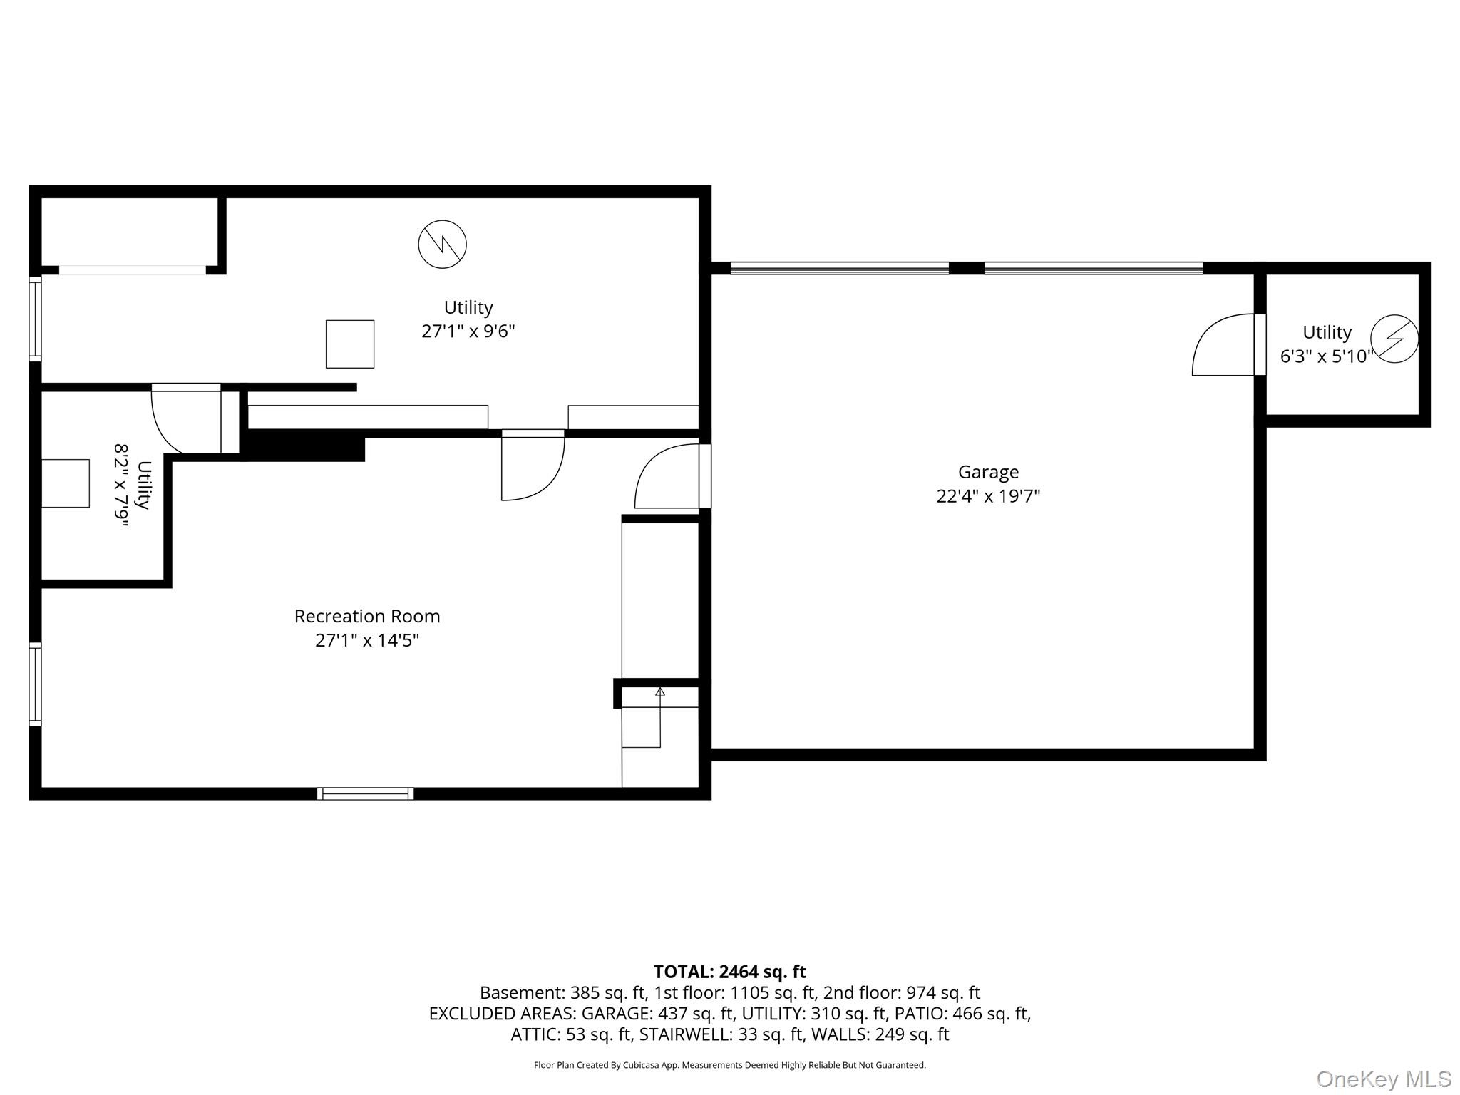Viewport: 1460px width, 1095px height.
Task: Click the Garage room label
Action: pos(988,472)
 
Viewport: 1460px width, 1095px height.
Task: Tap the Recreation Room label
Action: pos(367,616)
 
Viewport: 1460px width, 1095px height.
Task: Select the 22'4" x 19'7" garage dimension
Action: pos(988,496)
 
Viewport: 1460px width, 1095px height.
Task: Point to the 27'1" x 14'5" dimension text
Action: pos(367,640)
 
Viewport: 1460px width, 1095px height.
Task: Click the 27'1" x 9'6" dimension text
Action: pos(468,331)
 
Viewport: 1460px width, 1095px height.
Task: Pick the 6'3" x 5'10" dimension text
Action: pos(1327,356)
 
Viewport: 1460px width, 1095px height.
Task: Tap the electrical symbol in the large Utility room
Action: pos(443,245)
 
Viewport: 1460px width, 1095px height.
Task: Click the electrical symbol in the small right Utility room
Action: pos(1394,339)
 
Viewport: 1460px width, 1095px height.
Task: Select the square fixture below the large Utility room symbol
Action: pos(350,344)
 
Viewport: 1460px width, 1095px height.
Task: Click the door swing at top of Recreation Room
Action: pos(533,465)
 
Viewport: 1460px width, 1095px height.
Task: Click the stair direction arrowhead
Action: pos(660,692)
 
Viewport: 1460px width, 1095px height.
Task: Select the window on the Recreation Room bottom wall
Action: pos(366,793)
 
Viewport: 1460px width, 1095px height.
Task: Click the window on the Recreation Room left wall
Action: pos(35,684)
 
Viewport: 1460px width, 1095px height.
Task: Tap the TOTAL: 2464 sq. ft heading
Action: pos(730,972)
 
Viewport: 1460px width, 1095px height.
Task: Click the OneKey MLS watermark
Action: pos(1384,1079)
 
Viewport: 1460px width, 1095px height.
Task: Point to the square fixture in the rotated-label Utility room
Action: pos(66,483)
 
